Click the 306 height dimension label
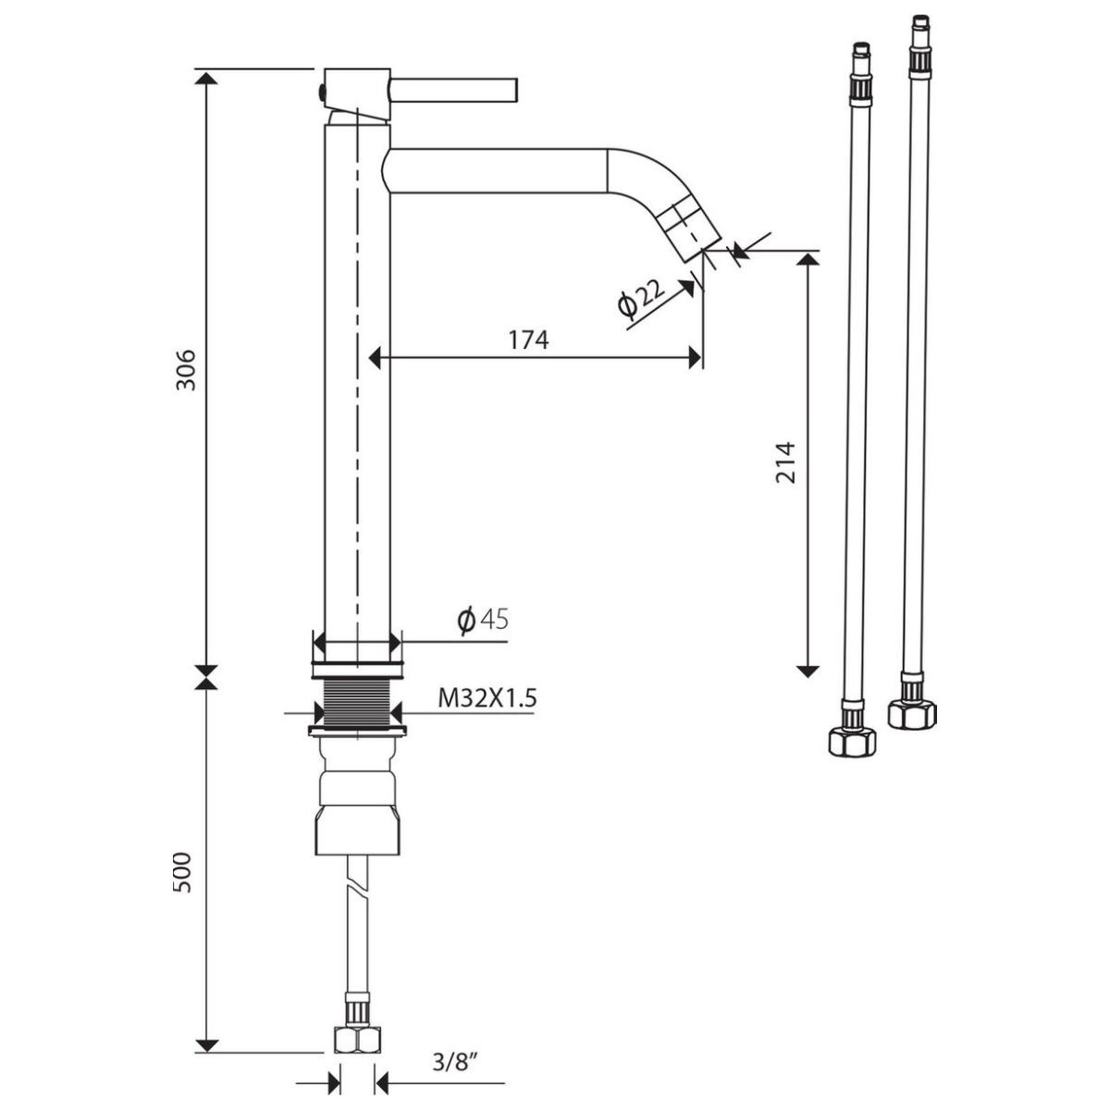pyautogui.click(x=186, y=369)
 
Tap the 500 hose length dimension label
pyautogui.click(x=182, y=872)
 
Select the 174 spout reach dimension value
pyautogui.click(x=528, y=339)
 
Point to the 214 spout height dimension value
pyautogui.click(x=785, y=462)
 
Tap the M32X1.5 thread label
pyautogui.click(x=487, y=698)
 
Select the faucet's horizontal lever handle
pyautogui.click(x=454, y=92)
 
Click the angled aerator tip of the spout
pyautogui.click(x=690, y=228)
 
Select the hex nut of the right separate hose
pyautogui.click(x=912, y=714)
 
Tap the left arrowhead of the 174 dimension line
pyautogui.click(x=375, y=358)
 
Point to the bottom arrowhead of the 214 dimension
pyautogui.click(x=808, y=671)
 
